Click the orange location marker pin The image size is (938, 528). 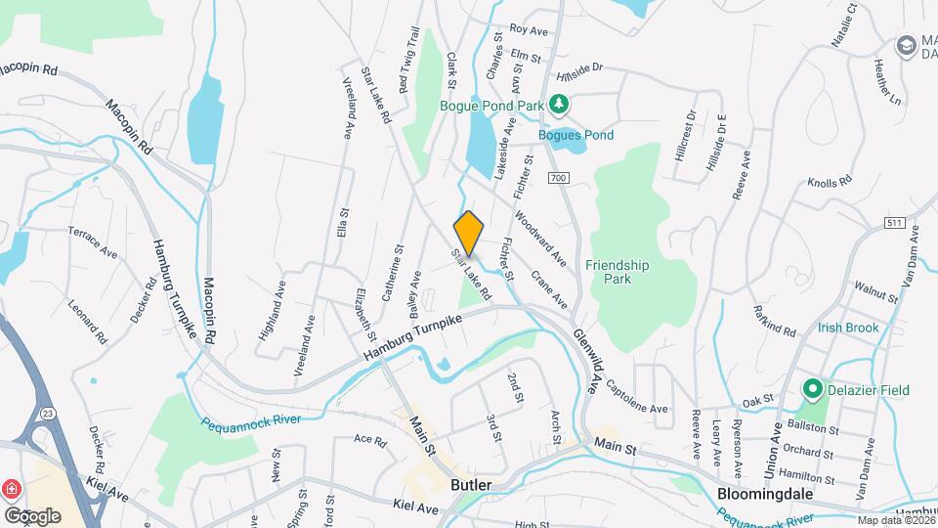coord(469,233)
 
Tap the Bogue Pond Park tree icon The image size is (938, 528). coord(558,102)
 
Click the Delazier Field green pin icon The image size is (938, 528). coord(811,390)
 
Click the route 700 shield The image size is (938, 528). coord(558,178)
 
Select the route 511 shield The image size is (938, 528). coord(892,224)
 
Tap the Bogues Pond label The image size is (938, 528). coord(576,135)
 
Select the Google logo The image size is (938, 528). coord(32,515)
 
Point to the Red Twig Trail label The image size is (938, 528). coord(409,61)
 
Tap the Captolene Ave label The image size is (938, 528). coord(637,395)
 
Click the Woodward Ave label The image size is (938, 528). coord(540,241)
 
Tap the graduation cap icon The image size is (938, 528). coord(906,45)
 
